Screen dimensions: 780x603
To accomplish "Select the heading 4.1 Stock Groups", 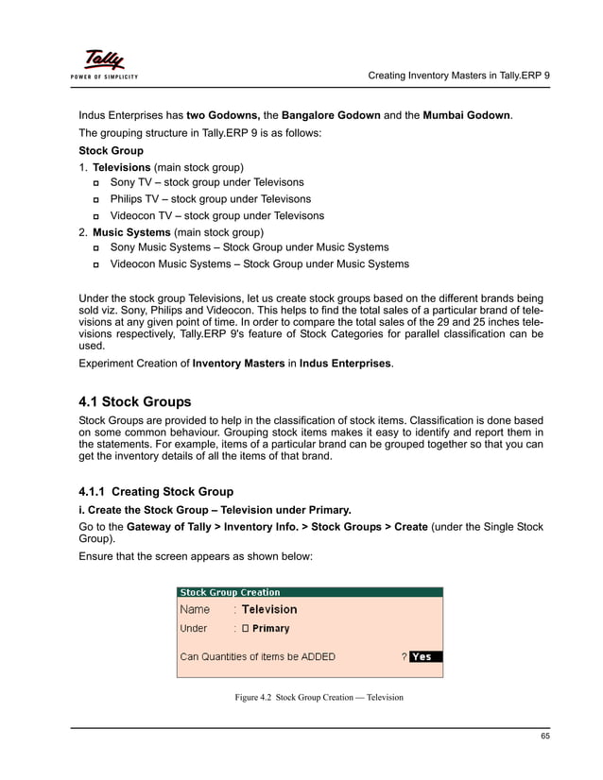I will point(134,401).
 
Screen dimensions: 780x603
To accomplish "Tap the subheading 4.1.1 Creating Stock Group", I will point(156,492).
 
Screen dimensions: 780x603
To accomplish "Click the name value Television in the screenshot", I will point(269,610).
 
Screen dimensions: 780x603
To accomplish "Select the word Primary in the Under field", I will point(271,629).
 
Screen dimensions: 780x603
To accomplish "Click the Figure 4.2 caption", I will point(319,698).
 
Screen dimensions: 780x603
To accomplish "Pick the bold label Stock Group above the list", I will point(111,150).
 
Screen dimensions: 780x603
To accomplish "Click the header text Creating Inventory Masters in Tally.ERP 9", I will point(457,75).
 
